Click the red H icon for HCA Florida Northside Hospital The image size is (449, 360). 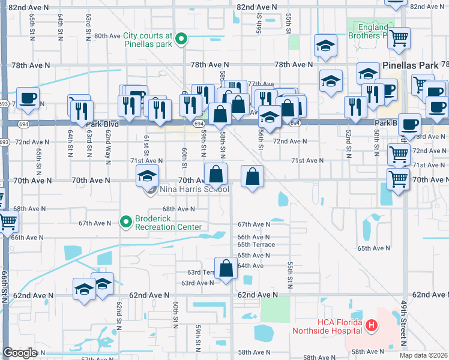(372, 326)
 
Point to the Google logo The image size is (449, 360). (20, 352)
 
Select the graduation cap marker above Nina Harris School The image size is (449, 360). (146, 176)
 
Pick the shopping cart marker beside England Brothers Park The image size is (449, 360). (398, 38)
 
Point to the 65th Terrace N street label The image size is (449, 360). (257, 245)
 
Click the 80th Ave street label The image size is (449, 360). (108, 35)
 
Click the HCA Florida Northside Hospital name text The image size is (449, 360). (327, 326)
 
